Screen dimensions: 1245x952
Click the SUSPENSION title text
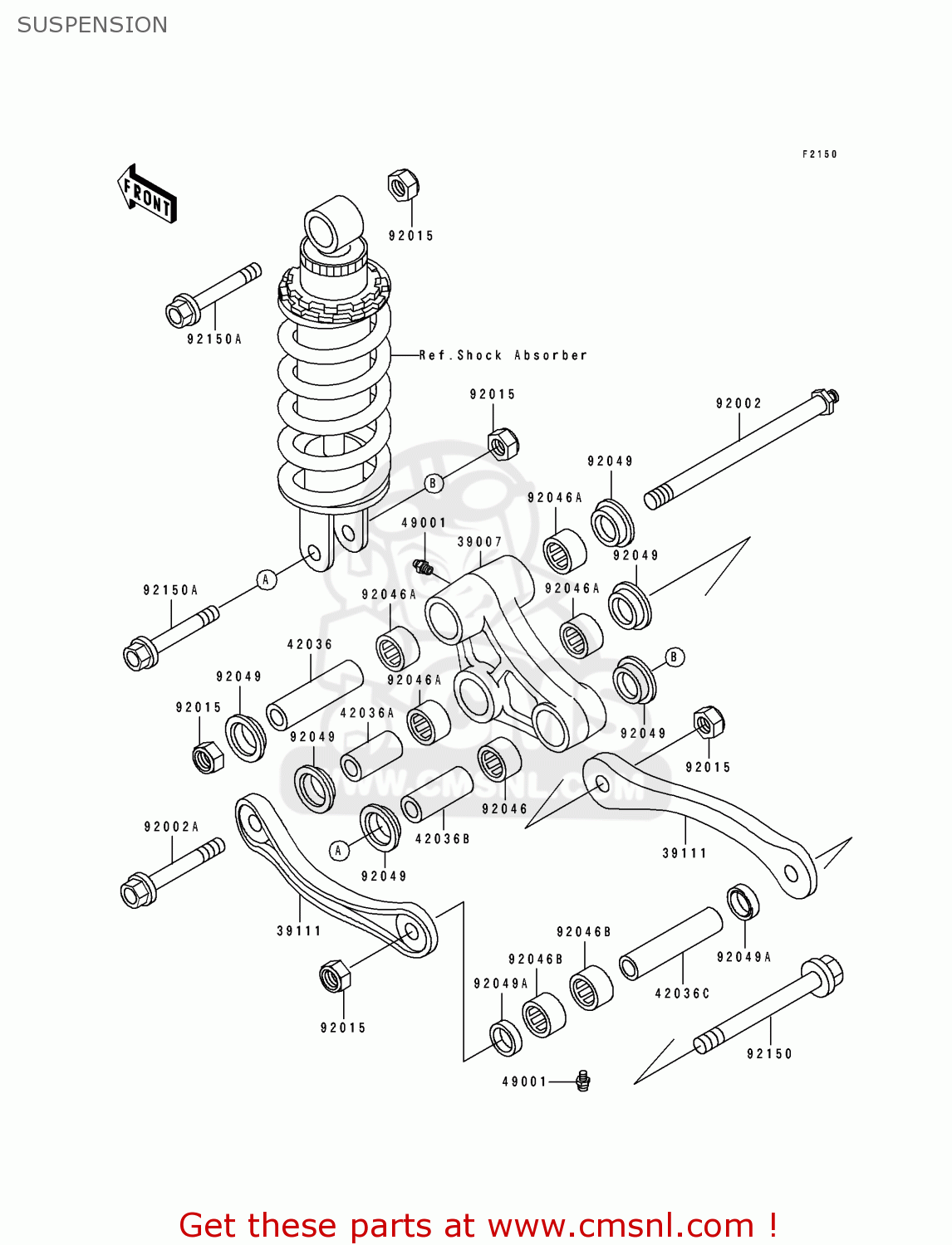coord(92,25)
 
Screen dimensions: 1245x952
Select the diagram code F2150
coord(819,154)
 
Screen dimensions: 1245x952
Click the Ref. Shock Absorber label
coord(503,355)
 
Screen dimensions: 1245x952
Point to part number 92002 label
coord(739,403)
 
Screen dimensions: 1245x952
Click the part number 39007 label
coord(479,542)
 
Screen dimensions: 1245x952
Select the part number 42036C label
coord(682,994)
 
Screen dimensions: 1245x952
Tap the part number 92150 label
coord(769,1054)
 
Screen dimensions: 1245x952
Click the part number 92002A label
coord(171,827)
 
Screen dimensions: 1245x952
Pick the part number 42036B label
coord(442,839)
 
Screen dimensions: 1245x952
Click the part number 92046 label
coord(504,809)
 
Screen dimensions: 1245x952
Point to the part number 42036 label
coord(309,644)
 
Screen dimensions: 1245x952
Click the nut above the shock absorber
coord(403,185)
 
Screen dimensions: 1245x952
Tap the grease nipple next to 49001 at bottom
coord(583,1081)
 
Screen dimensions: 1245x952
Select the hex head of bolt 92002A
coord(135,891)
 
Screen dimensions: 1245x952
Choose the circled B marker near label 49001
coord(433,483)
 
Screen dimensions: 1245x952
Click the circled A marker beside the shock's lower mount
coord(266,579)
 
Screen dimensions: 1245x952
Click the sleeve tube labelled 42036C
coord(670,944)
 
